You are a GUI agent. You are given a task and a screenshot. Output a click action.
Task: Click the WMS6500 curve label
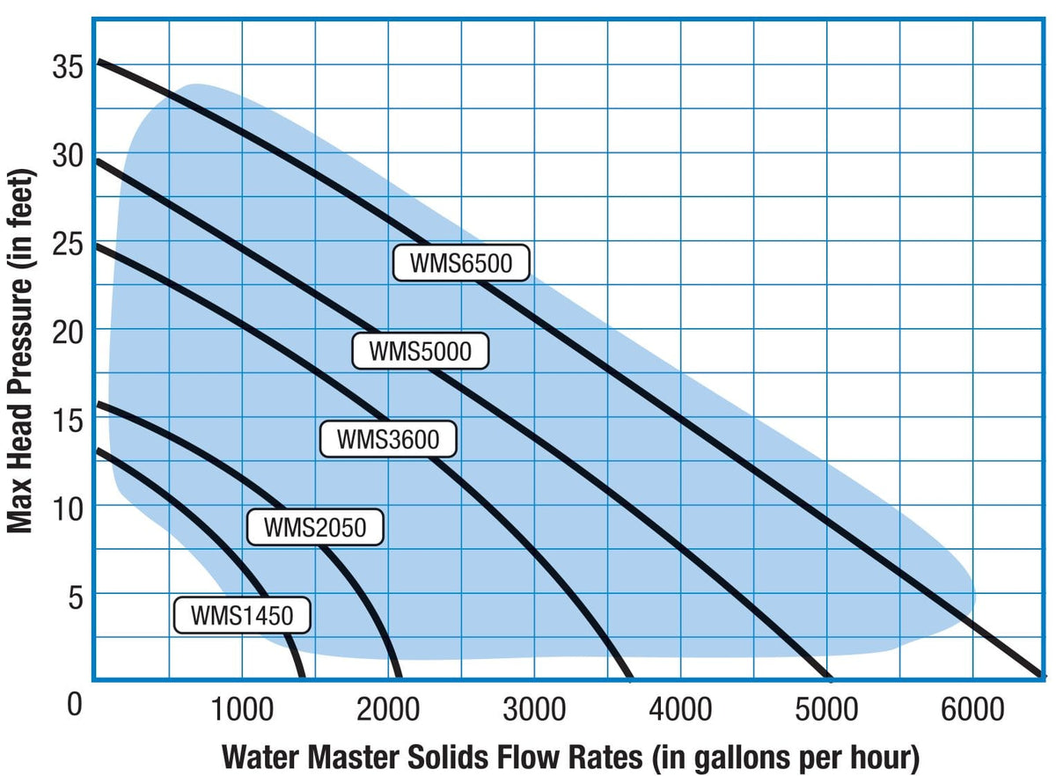(x=461, y=263)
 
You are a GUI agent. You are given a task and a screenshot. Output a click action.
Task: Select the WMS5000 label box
(x=420, y=351)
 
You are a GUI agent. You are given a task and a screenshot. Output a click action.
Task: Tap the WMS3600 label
(x=388, y=438)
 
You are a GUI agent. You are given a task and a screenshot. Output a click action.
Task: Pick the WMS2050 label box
(x=314, y=527)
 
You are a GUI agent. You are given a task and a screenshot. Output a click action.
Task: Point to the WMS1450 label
(x=242, y=614)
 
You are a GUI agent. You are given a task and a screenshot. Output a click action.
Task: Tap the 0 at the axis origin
(x=76, y=704)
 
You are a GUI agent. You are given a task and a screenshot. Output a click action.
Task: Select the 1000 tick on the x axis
(x=240, y=709)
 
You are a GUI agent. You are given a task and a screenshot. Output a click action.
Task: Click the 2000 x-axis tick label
(x=386, y=709)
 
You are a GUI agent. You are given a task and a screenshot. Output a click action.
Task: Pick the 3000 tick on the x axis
(x=532, y=709)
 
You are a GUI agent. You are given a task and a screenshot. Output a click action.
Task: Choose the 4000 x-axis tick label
(x=678, y=709)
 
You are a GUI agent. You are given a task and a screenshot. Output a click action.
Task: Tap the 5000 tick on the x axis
(x=825, y=709)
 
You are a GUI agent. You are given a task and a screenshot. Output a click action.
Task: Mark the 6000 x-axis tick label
(x=971, y=709)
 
